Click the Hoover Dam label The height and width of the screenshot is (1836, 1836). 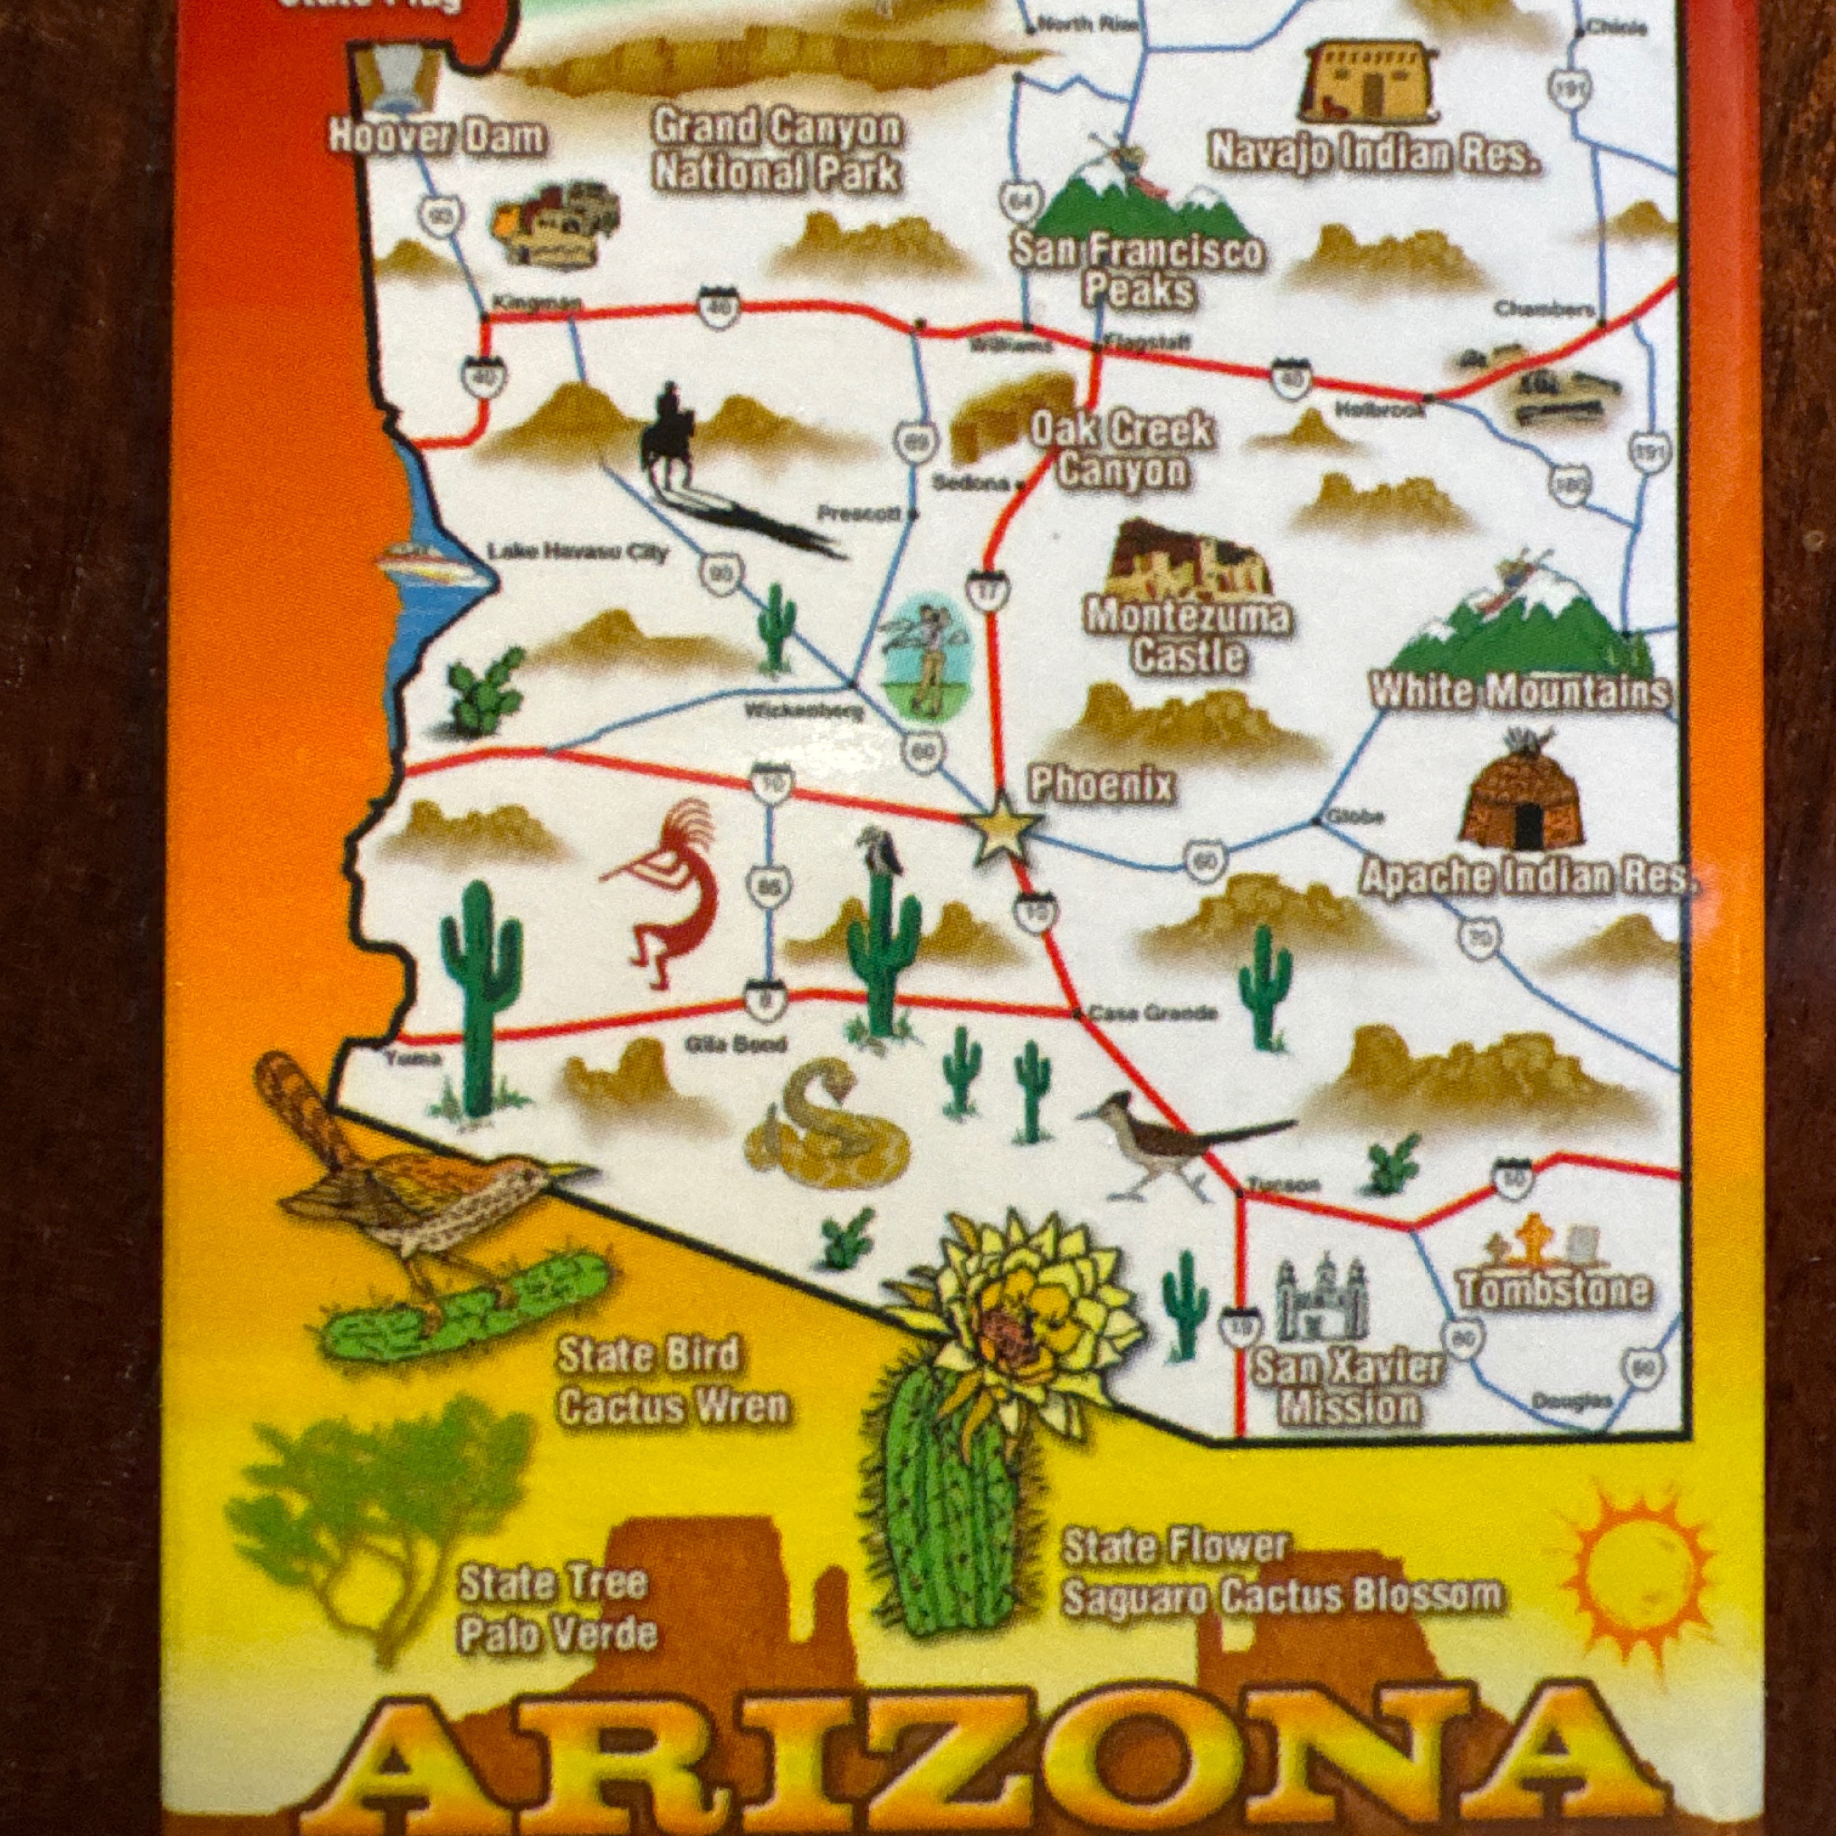437,138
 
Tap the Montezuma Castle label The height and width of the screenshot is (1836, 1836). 1188,636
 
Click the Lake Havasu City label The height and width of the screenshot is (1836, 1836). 578,552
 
